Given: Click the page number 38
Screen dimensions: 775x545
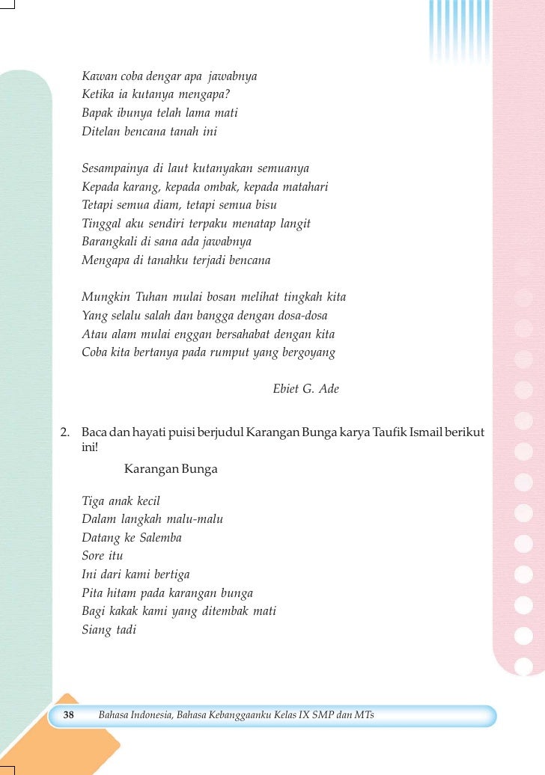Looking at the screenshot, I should pos(68,716).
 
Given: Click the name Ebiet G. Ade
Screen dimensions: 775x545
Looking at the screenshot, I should pos(306,388).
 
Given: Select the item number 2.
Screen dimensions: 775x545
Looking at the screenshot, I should pos(65,432).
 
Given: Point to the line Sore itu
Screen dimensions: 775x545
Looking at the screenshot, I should pos(103,556).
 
